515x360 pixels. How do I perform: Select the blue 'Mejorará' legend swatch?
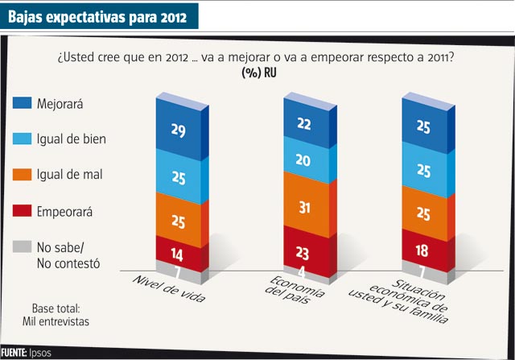click(x=23, y=103)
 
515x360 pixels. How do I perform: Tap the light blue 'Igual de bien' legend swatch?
click(x=23, y=139)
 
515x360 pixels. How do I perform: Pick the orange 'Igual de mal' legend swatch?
click(x=23, y=174)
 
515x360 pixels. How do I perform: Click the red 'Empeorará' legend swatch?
click(x=23, y=213)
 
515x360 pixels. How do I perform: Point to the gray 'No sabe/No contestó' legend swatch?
click(x=23, y=247)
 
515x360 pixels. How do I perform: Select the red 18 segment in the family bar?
click(x=423, y=249)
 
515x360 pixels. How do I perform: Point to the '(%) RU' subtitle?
click(x=257, y=74)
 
